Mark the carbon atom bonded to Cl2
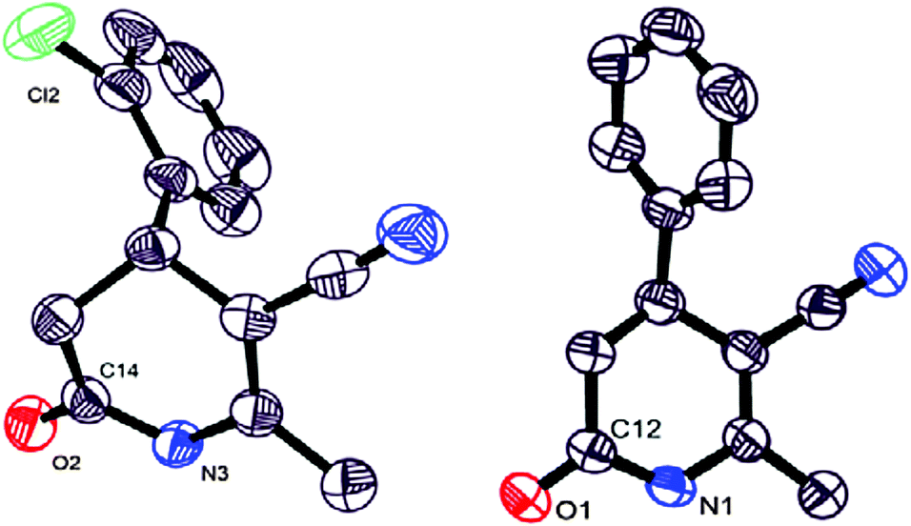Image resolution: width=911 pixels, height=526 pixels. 122,89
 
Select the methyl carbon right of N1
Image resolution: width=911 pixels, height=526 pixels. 825,493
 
